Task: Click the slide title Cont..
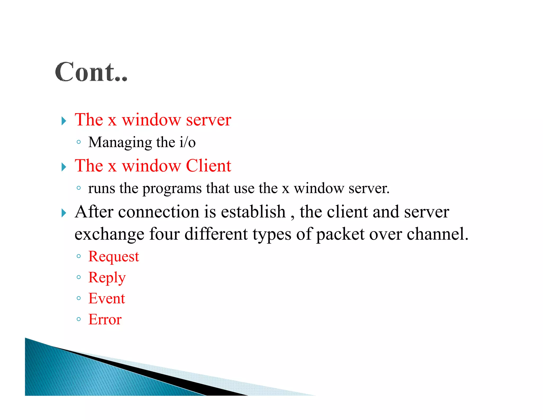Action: (x=91, y=72)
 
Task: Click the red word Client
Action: (x=208, y=166)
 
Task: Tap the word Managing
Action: (x=120, y=143)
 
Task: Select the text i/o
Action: (x=187, y=142)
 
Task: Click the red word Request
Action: (x=113, y=257)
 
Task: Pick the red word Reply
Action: (x=107, y=278)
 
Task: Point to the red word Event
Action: (x=106, y=298)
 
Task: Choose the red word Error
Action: (x=105, y=319)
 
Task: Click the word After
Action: (x=94, y=212)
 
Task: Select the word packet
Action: (x=340, y=234)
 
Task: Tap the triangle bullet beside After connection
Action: (x=64, y=213)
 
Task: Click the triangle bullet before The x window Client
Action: (x=64, y=167)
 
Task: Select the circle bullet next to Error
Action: (x=78, y=319)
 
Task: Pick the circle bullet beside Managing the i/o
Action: (x=78, y=142)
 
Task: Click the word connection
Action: (x=159, y=212)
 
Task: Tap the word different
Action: (x=216, y=234)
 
